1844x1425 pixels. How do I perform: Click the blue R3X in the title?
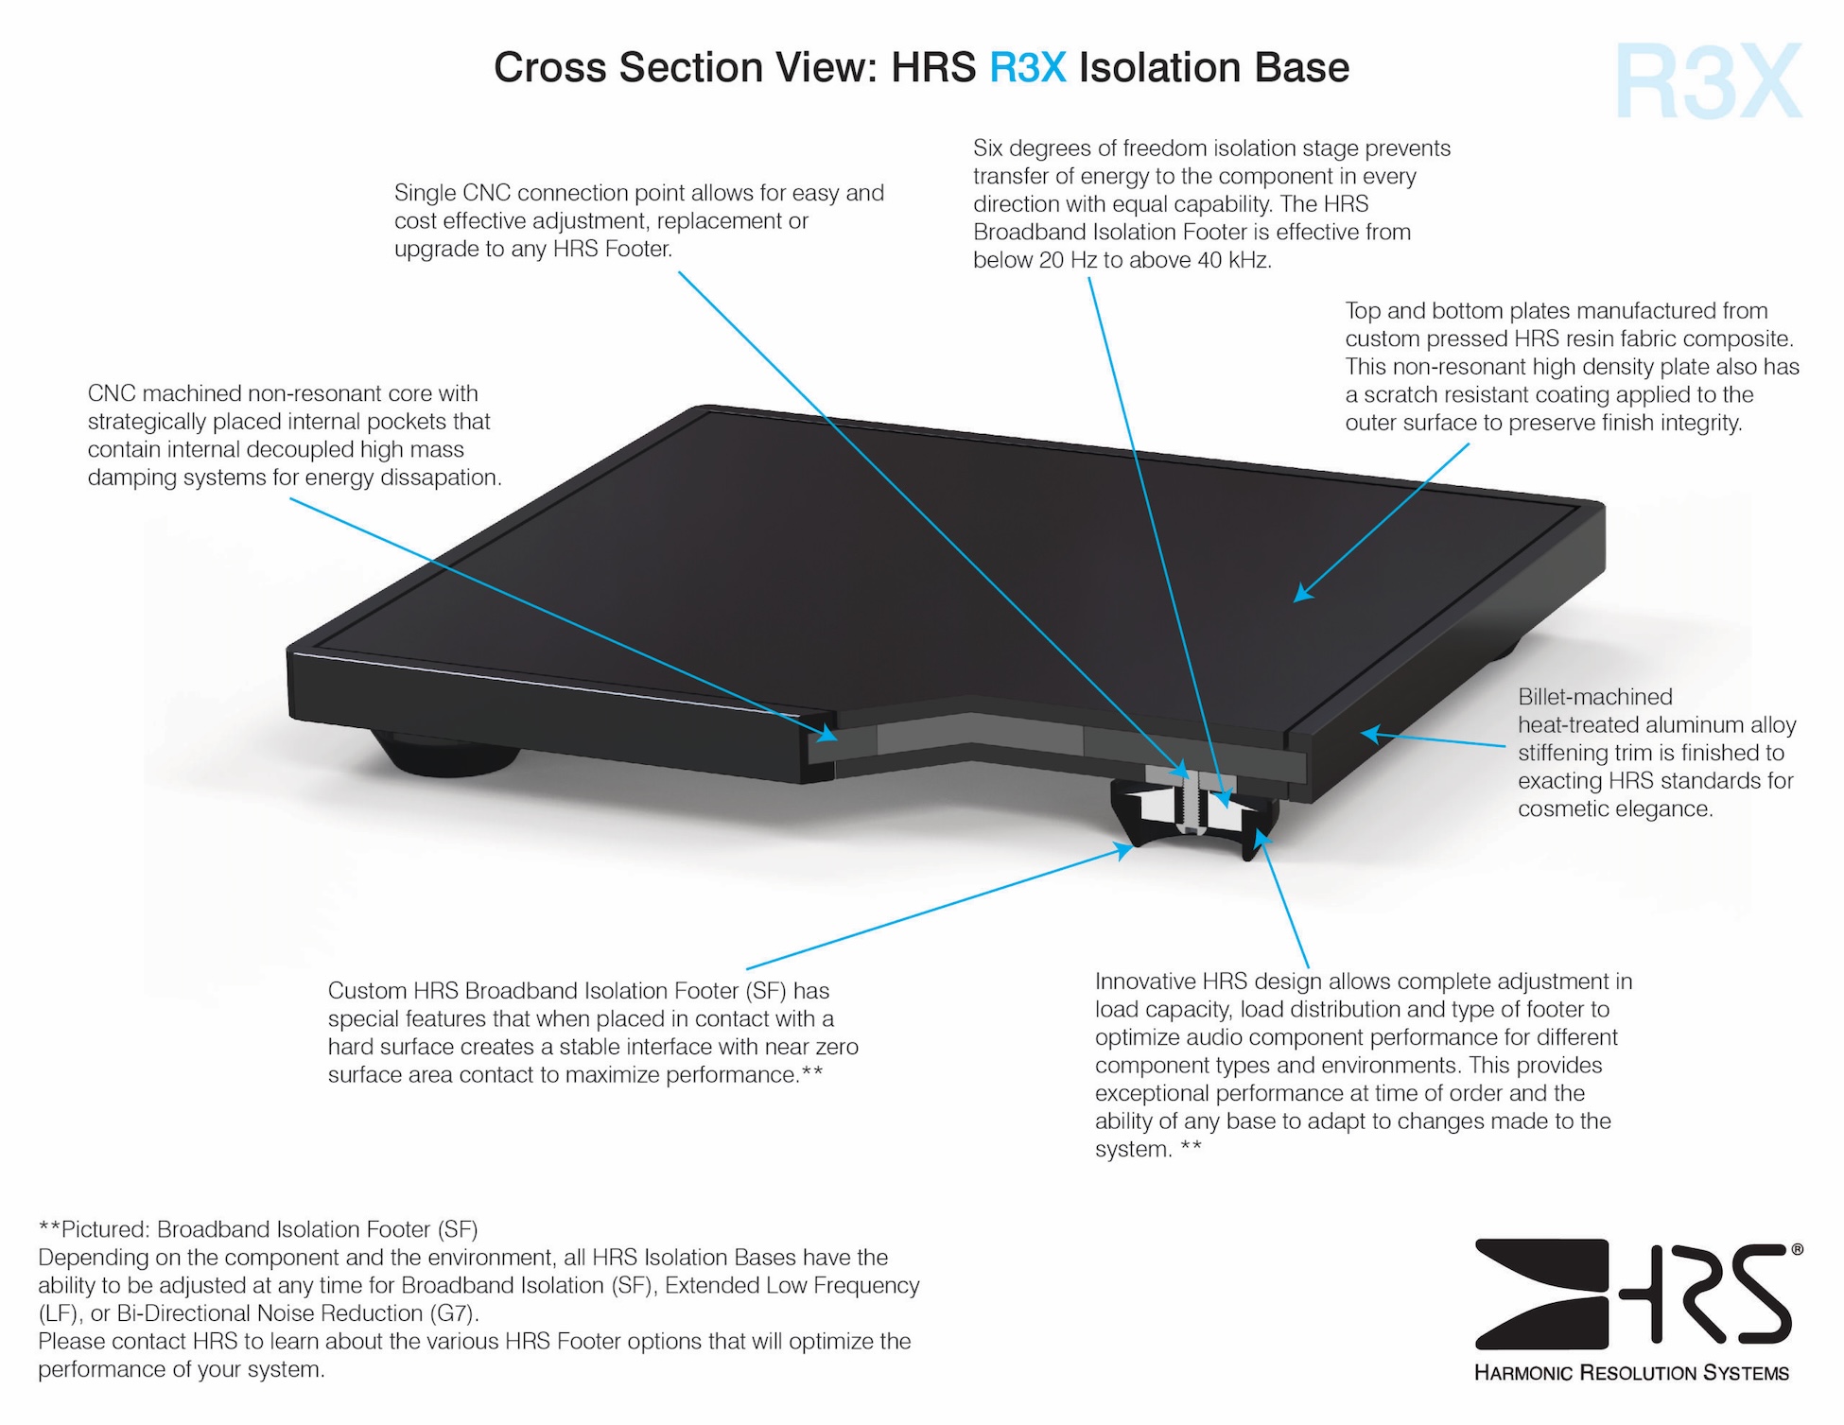(1027, 68)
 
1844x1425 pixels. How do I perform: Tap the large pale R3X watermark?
(1708, 82)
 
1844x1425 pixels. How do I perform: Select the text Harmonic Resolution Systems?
(1631, 1373)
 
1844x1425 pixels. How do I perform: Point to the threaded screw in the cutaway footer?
(1192, 804)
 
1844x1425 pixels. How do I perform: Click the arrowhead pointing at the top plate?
(1303, 593)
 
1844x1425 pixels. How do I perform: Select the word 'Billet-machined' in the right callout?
(1594, 697)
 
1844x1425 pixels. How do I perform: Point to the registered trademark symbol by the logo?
(1797, 1250)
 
